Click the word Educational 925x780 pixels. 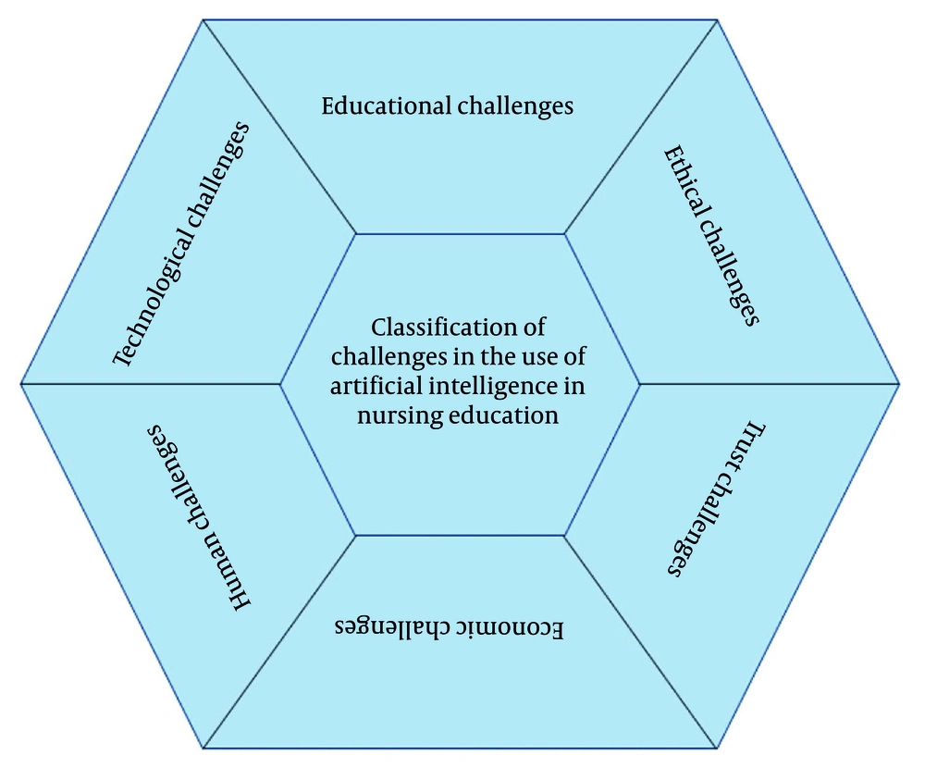pyautogui.click(x=387, y=105)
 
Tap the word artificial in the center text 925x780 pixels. pyautogui.click(x=376, y=386)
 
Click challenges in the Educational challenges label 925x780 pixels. pyautogui.click(x=515, y=106)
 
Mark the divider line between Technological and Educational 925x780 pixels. pyautogui.click(x=279, y=127)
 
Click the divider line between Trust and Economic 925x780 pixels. pyautogui.click(x=641, y=642)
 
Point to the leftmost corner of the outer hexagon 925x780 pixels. pyautogui.click(x=21, y=384)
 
